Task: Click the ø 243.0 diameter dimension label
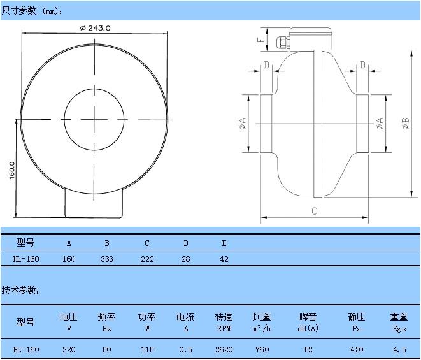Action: point(96,27)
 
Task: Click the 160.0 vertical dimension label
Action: point(12,170)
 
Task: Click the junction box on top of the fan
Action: point(311,38)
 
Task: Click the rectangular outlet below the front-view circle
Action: point(95,203)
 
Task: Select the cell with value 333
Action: point(107,259)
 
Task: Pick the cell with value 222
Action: point(146,259)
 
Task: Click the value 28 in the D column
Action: point(185,259)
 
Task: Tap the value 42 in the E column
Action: point(224,259)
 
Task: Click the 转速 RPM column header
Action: point(224,322)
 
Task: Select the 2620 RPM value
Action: point(224,350)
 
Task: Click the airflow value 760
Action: point(262,350)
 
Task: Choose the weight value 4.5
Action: point(399,350)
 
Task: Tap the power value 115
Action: point(146,350)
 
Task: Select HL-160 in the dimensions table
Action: point(26,259)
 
